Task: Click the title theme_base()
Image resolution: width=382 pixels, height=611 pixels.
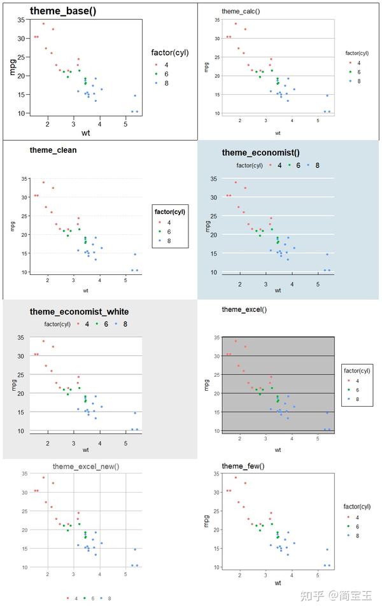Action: tap(63, 10)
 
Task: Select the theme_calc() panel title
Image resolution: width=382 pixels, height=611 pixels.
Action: tap(241, 11)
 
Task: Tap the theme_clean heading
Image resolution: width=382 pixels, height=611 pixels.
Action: tap(53, 150)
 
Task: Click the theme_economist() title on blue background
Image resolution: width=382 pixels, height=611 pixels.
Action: tap(260, 153)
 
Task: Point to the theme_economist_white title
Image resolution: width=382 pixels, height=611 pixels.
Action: tap(79, 312)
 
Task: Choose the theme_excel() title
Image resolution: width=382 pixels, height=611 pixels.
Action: tap(244, 309)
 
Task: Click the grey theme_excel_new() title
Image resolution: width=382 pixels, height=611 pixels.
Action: tap(85, 467)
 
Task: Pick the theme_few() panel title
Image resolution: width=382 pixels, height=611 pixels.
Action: tap(243, 467)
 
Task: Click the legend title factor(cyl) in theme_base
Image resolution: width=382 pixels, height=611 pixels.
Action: tap(170, 53)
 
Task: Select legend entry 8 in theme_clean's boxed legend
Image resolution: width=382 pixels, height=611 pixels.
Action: tap(169, 241)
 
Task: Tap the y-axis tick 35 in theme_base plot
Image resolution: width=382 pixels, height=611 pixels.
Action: tap(21, 20)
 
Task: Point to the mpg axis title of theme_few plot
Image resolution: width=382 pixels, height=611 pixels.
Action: tap(206, 521)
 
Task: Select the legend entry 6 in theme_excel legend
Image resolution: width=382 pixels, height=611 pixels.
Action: tap(357, 390)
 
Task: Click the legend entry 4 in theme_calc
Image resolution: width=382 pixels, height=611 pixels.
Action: tap(358, 63)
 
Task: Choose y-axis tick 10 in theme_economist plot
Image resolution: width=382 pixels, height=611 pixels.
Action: tap(214, 272)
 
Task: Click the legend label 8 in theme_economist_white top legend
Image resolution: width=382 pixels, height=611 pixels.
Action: tap(125, 324)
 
